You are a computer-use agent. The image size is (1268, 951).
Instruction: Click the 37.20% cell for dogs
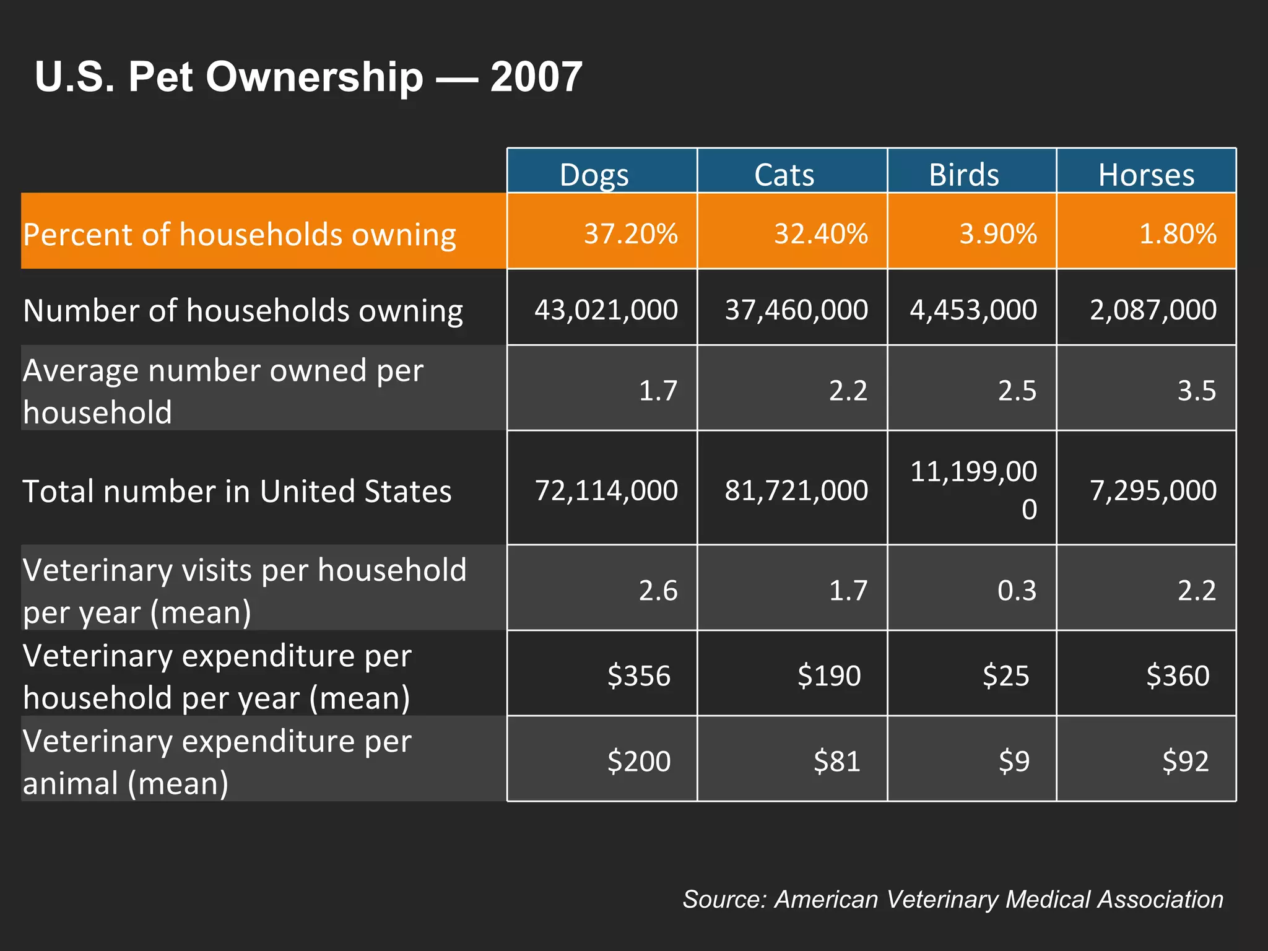click(630, 233)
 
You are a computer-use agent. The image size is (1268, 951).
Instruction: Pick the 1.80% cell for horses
click(1177, 233)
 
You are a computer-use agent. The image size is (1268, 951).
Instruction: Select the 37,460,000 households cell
click(796, 309)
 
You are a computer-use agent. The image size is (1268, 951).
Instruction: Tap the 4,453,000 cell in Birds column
click(973, 309)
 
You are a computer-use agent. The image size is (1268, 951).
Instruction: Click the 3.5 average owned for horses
click(1196, 390)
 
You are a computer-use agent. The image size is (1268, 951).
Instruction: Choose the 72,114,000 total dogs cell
click(606, 490)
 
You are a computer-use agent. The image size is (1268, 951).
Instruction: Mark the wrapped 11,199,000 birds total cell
click(973, 489)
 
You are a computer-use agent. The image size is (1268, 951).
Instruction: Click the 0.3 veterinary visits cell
click(1017, 589)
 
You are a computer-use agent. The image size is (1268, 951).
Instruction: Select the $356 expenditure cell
click(638, 675)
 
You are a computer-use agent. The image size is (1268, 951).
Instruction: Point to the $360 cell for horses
click(1177, 675)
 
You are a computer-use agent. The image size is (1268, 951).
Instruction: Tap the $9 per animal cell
click(1014, 760)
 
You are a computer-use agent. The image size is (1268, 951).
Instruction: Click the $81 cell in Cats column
click(836, 760)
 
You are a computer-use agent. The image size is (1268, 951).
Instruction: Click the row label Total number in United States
click(237, 491)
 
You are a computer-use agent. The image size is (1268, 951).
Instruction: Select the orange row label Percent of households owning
click(239, 234)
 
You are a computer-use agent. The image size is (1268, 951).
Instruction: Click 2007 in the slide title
click(536, 77)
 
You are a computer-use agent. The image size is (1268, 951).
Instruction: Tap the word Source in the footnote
click(718, 899)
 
